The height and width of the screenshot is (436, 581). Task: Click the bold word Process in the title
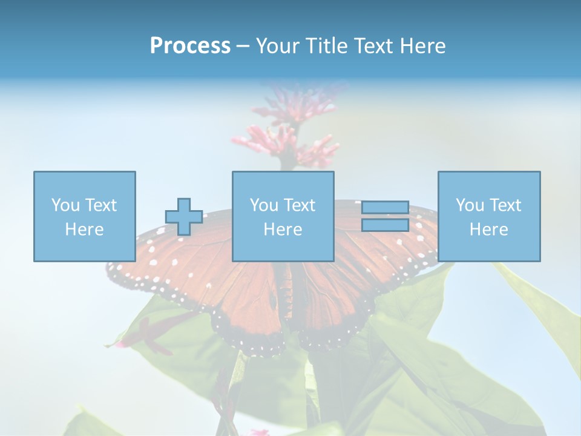[190, 46]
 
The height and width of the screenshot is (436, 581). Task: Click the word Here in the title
[421, 46]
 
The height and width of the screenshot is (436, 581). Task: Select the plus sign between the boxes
[184, 217]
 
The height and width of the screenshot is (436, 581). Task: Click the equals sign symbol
[385, 216]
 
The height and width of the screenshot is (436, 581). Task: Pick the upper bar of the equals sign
[385, 207]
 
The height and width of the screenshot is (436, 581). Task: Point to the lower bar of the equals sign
[385, 225]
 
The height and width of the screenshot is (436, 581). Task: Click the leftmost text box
[85, 216]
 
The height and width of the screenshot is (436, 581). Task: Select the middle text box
[283, 216]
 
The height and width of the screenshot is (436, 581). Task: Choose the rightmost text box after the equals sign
[489, 216]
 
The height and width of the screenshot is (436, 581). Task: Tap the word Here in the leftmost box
[85, 230]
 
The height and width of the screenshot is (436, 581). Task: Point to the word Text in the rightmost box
[506, 205]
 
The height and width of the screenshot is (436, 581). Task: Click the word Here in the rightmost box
[489, 230]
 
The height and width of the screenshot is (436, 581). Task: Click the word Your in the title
[275, 46]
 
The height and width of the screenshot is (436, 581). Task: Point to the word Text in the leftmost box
[102, 205]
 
